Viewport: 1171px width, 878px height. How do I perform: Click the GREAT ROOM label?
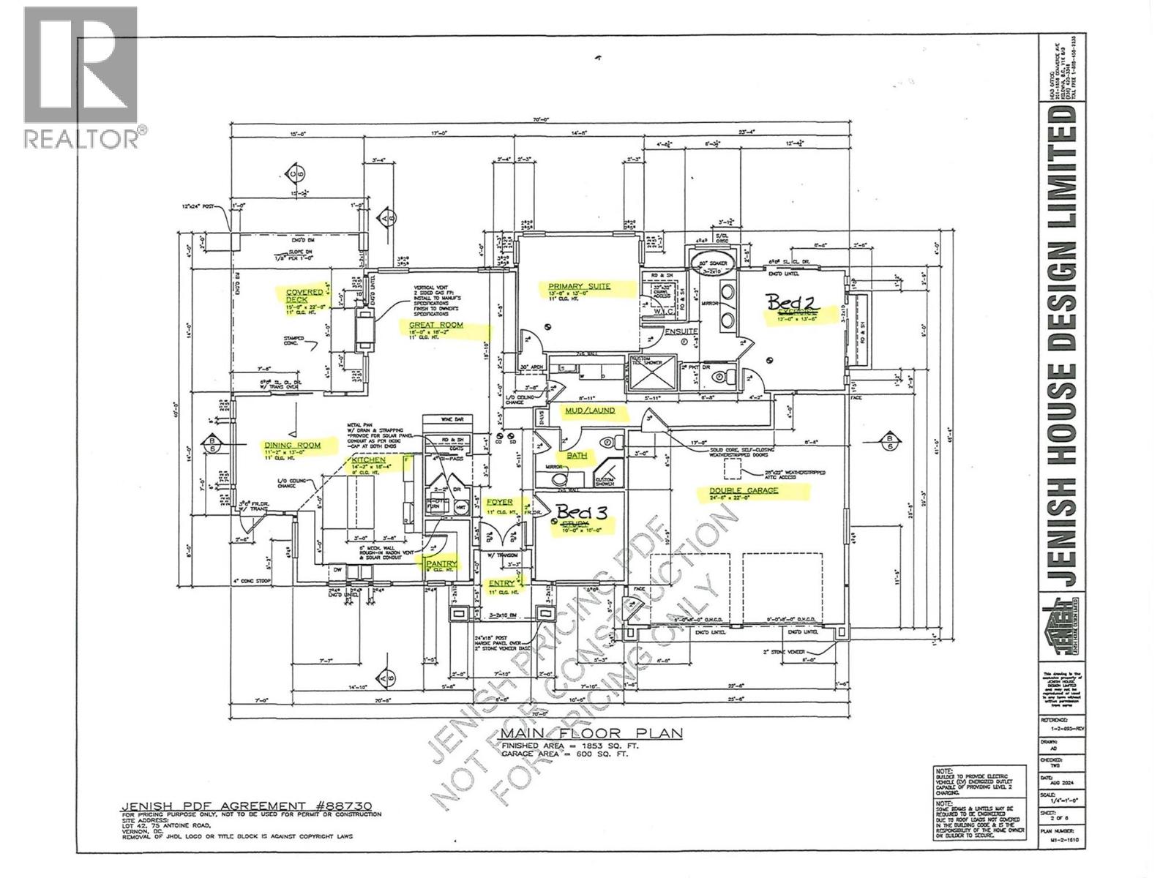coord(435,324)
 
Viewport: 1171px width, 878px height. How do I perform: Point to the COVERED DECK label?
coord(304,296)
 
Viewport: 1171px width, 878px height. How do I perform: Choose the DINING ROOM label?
coord(292,443)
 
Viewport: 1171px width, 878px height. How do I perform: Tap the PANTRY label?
coord(439,563)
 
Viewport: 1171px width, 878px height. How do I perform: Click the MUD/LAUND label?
coord(589,411)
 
